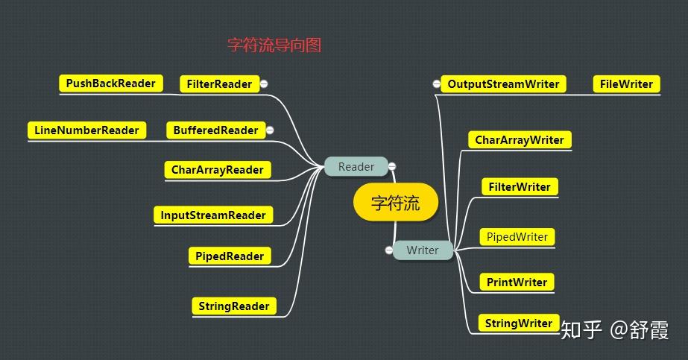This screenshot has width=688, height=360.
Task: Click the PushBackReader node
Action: coord(110,83)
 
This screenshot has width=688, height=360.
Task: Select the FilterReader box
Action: coord(218,84)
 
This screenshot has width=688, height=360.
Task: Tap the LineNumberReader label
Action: coord(86,130)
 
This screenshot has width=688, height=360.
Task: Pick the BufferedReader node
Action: coord(215,130)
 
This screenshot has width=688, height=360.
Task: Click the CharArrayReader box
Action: coord(217,170)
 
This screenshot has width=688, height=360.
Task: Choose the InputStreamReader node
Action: coord(213,215)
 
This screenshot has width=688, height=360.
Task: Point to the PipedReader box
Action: coord(230,256)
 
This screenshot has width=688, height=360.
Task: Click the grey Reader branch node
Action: coord(356,167)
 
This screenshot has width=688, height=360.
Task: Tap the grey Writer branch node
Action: coord(423,250)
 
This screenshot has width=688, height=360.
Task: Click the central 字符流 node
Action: coord(395,203)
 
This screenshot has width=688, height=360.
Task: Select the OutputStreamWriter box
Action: coord(503,84)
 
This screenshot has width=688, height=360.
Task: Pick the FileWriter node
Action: coord(626,84)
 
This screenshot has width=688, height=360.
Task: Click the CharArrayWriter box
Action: coord(520,140)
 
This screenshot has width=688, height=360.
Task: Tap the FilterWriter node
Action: coord(520,187)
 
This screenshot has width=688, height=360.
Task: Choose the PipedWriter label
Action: coord(517,237)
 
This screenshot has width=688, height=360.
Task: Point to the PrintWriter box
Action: coord(517,282)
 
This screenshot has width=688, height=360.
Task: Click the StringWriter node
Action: coord(518,323)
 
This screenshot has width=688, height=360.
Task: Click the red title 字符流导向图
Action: coord(274,45)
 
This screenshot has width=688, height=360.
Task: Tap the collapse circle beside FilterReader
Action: coord(264,84)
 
